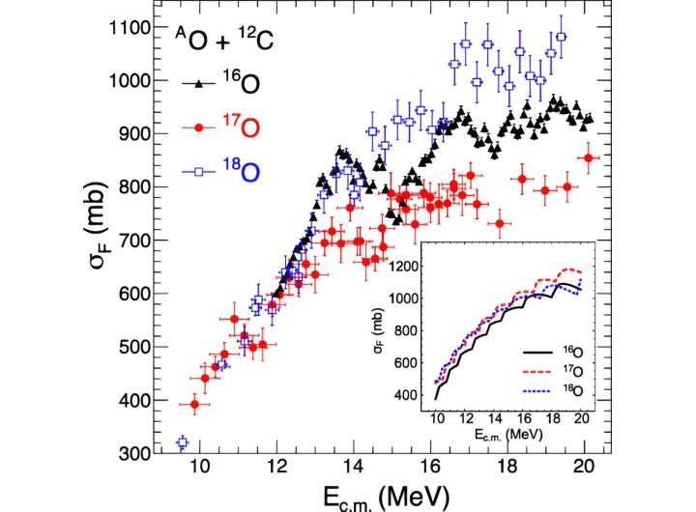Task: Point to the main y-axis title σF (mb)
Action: coord(103,242)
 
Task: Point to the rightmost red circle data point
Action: coord(589,157)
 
